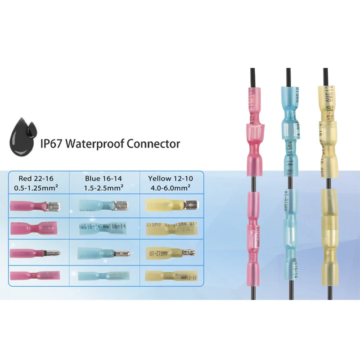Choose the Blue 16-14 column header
click(x=99, y=178)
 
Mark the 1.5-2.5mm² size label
click(x=99, y=187)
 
